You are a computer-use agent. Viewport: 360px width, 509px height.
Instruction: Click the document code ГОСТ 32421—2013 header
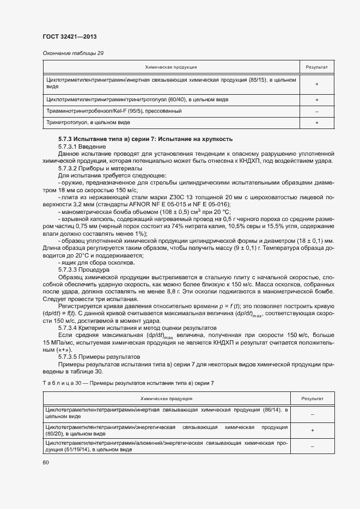pyautogui.click(x=70, y=37)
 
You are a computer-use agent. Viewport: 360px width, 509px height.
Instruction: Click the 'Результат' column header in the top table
pyautogui.click(x=316, y=66)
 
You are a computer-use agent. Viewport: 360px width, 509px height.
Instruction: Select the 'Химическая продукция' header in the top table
pyautogui.click(x=170, y=66)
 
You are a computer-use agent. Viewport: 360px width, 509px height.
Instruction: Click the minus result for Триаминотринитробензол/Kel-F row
pyautogui.click(x=316, y=112)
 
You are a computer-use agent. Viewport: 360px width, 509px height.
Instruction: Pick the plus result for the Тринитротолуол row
pyautogui.click(x=316, y=123)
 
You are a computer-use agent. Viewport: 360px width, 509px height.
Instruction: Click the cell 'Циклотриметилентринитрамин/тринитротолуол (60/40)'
pyautogui.click(x=137, y=100)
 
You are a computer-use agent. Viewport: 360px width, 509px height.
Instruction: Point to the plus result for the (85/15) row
pyautogui.click(x=316, y=83)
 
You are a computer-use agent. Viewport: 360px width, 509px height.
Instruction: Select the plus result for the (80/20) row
pyautogui.click(x=313, y=431)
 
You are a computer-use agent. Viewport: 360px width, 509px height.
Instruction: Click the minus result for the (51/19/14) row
pyautogui.click(x=313, y=446)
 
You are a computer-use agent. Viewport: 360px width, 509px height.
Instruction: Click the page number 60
pyautogui.click(x=46, y=462)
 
